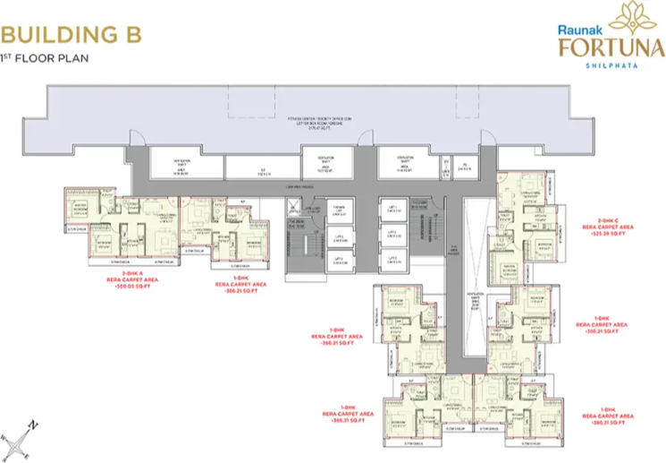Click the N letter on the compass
coord(32,424)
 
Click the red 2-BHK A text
coord(134,274)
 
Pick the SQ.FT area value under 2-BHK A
coord(135,289)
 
